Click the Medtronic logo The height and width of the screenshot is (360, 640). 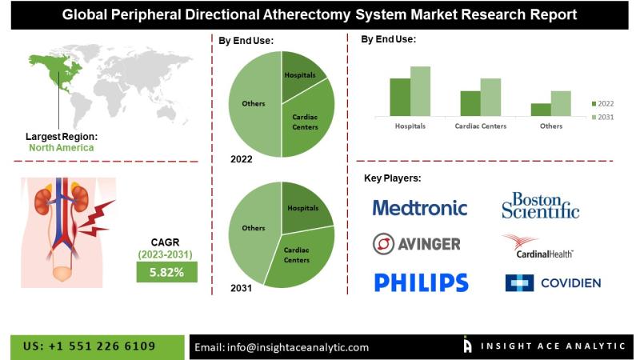coord(419,208)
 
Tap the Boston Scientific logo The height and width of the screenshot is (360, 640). coord(541,206)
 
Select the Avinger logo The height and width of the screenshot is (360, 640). coord(416,244)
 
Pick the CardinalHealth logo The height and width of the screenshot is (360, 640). coord(538,246)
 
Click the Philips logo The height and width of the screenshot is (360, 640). coord(422,282)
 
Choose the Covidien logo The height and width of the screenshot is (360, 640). coord(553,283)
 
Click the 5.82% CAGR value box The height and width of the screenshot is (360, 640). coord(166,272)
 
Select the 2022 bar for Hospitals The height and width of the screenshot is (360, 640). coord(400,97)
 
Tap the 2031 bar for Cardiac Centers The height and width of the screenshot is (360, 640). coord(490,97)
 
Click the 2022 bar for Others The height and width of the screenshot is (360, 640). coord(541,110)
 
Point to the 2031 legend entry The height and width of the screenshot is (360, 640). coord(603,117)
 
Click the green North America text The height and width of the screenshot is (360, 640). coord(62,148)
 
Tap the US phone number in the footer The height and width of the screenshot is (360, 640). coord(89,346)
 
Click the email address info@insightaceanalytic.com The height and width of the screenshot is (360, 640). coord(298,347)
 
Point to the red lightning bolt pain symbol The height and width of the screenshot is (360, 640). coord(96,218)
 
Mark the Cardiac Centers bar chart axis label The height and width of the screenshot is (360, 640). coord(481,126)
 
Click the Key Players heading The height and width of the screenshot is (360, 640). coord(392,178)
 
